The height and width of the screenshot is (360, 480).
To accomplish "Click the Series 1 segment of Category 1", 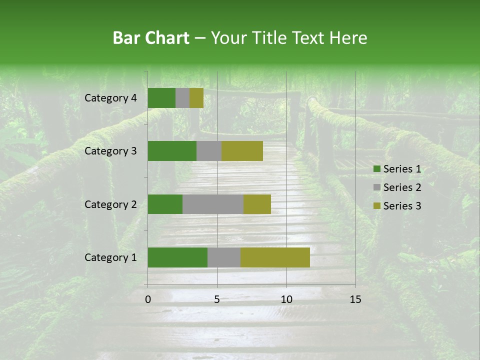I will pyautogui.click(x=177, y=257).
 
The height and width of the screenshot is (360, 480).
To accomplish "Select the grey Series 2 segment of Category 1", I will pyautogui.click(x=224, y=257).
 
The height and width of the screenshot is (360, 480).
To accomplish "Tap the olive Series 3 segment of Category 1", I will pyautogui.click(x=275, y=257).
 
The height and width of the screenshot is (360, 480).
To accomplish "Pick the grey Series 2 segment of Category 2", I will pyautogui.click(x=213, y=204).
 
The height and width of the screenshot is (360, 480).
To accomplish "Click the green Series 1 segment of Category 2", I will pyautogui.click(x=165, y=204).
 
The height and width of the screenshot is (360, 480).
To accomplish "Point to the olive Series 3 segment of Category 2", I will pyautogui.click(x=257, y=204).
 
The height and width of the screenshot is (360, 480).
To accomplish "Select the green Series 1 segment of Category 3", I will pyautogui.click(x=172, y=151).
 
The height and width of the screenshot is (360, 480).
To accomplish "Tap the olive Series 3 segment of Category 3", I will pyautogui.click(x=242, y=151).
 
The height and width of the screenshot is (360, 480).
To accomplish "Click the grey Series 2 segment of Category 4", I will pyautogui.click(x=182, y=98).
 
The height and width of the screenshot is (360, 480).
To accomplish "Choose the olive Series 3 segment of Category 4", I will pyautogui.click(x=196, y=98).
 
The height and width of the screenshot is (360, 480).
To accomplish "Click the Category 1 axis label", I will pyautogui.click(x=110, y=257).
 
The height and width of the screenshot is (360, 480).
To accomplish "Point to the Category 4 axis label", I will pyautogui.click(x=110, y=98).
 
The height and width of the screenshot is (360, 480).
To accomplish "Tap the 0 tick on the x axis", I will pyautogui.click(x=148, y=299).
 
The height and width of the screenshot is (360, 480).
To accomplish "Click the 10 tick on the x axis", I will pyautogui.click(x=286, y=299).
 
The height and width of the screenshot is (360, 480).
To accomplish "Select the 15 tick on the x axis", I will pyautogui.click(x=355, y=299).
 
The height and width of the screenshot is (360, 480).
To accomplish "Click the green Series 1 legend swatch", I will pyautogui.click(x=377, y=169).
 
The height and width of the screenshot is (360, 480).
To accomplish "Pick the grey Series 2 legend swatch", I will pyautogui.click(x=377, y=187).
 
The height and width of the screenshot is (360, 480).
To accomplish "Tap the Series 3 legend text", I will pyautogui.click(x=402, y=206).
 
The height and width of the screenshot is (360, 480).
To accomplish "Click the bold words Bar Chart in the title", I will pyautogui.click(x=151, y=38).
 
